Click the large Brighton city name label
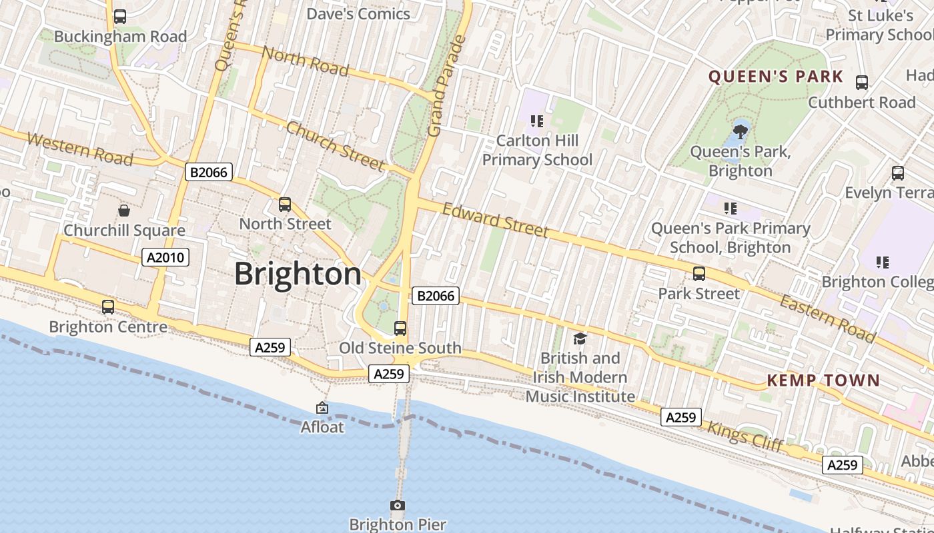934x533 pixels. (x=298, y=274)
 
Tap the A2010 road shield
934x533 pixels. (x=165, y=257)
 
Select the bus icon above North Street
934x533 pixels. (x=285, y=205)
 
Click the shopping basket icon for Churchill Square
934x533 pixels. (x=124, y=211)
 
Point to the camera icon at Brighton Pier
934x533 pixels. (x=398, y=506)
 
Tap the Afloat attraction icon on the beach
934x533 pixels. (x=322, y=408)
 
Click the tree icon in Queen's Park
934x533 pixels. (x=740, y=131)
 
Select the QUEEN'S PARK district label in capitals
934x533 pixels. (x=776, y=77)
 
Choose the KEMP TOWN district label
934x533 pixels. (x=823, y=380)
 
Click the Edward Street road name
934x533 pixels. (x=495, y=221)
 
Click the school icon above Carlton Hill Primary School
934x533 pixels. (x=537, y=121)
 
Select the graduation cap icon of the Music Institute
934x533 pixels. (x=580, y=338)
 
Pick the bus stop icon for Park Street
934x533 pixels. (x=699, y=274)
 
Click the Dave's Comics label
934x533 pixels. (x=358, y=13)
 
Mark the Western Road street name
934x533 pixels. (x=80, y=149)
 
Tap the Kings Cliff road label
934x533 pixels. (x=745, y=437)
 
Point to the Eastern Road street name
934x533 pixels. (x=827, y=319)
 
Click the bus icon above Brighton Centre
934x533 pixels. (x=108, y=307)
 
